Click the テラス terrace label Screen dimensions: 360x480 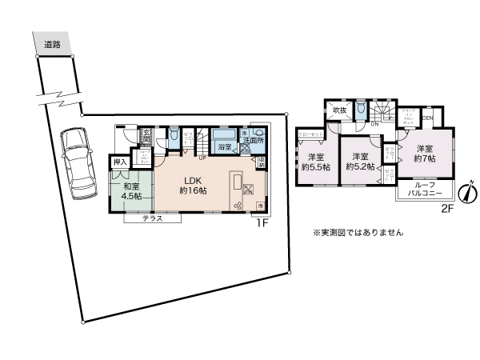pyautogui.click(x=155, y=218)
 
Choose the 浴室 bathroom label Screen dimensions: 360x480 pyautogui.click(x=225, y=146)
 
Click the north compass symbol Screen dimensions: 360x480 pyautogui.click(x=468, y=193)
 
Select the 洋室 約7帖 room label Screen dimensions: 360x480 pyautogui.click(x=426, y=154)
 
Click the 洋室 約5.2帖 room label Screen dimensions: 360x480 pyautogui.click(x=358, y=162)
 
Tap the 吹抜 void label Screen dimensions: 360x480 pyautogui.click(x=339, y=110)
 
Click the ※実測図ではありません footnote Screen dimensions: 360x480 pyautogui.click(x=358, y=233)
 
